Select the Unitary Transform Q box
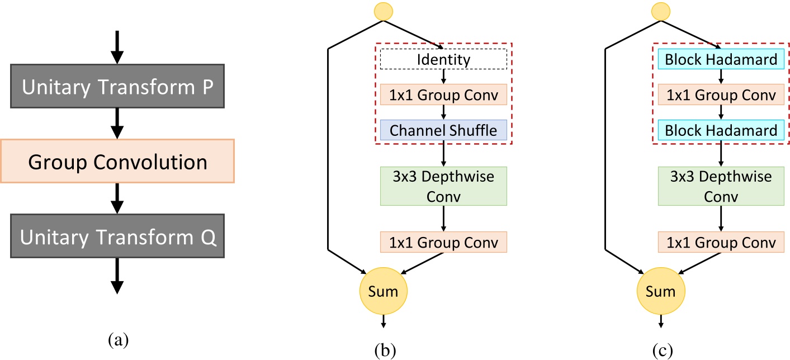pos(117,237)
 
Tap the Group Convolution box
pos(117,162)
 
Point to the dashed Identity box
pos(443,59)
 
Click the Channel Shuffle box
pos(443,130)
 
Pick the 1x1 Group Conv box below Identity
pos(443,94)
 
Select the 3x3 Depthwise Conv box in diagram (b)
pos(443,186)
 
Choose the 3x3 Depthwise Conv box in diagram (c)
pos(721,186)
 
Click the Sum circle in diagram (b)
pos(384,291)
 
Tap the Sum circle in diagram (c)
pos(661,291)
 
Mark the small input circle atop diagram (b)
pos(384,11)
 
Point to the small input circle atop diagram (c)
pos(661,11)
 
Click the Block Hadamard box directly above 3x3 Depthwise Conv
pos(721,130)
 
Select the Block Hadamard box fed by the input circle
pos(721,59)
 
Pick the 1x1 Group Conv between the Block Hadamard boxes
pos(721,94)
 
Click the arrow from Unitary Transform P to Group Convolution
pos(117,123)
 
